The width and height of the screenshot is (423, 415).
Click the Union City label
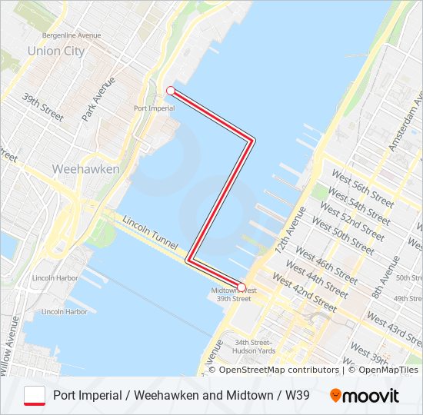tap(55, 51)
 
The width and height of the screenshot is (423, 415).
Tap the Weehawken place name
tap(85, 168)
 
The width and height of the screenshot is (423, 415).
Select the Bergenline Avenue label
tap(72, 35)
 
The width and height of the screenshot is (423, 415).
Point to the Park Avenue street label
tap(98, 98)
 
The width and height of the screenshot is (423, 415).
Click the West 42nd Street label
tap(304, 294)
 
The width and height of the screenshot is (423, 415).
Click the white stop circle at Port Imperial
tap(170, 91)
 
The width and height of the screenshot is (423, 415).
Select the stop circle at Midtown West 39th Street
tap(241, 287)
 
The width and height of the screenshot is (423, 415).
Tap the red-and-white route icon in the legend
tap(35, 395)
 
